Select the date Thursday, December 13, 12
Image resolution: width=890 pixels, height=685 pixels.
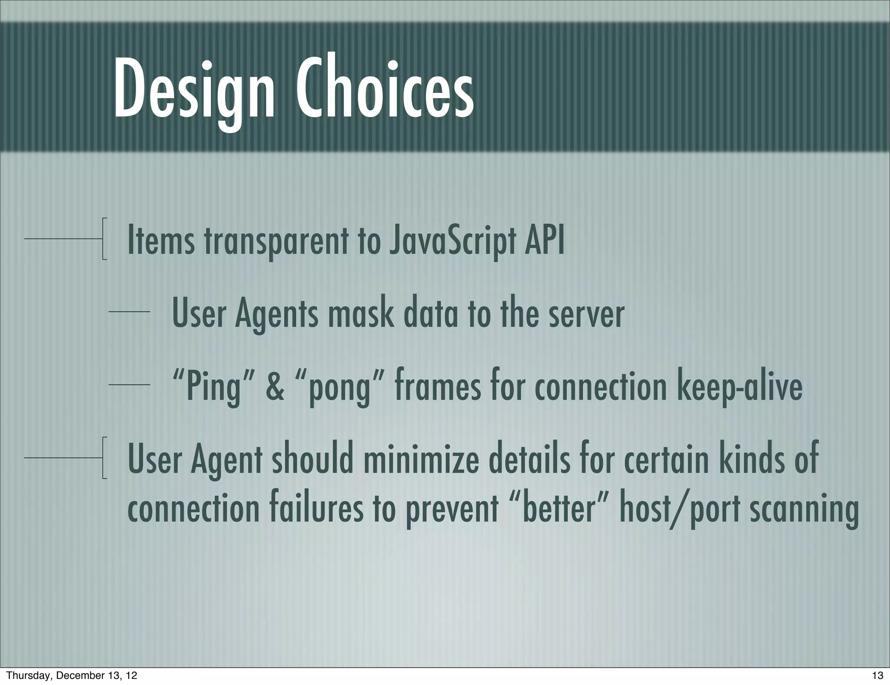72,675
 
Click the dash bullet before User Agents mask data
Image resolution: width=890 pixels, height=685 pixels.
129,312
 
